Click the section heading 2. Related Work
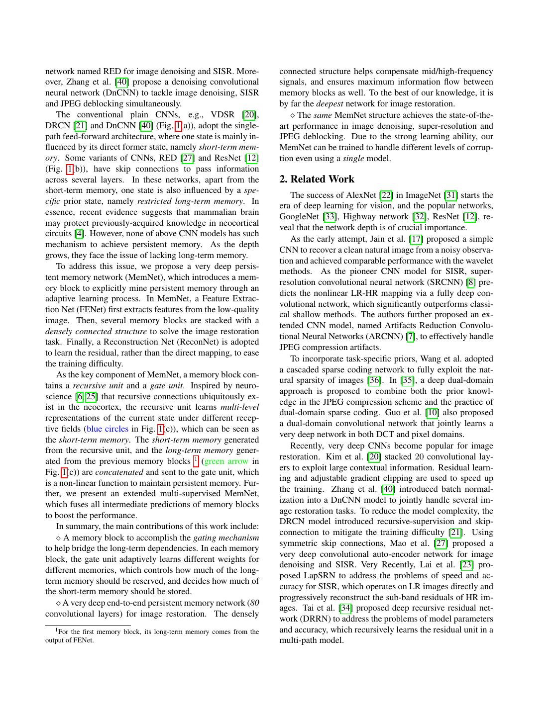point(317,179)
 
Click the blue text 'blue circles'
point(108,429)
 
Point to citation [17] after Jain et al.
point(416,239)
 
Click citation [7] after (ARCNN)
point(410,336)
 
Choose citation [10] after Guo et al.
point(432,412)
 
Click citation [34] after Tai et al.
point(345,608)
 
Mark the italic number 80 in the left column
point(254,603)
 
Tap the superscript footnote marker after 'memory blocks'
point(196,459)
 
